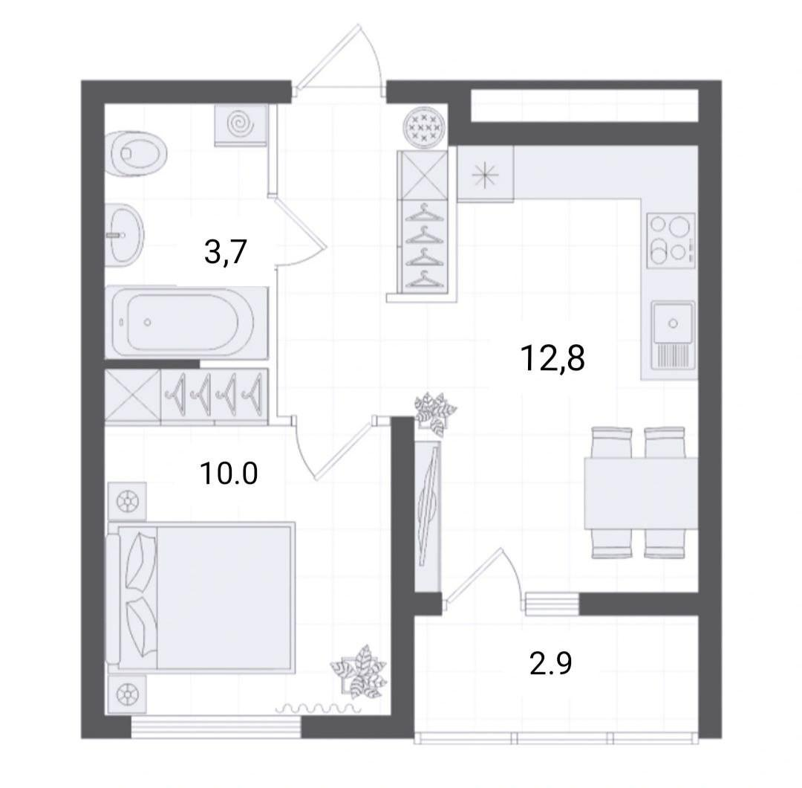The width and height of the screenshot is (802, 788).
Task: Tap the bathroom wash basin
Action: tap(124, 235)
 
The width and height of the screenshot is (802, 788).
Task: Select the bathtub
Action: tap(186, 322)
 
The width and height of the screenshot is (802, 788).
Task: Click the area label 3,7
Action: tap(226, 252)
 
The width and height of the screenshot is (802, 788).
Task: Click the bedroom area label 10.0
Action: tap(229, 473)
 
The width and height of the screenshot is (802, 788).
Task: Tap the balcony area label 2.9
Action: tap(550, 664)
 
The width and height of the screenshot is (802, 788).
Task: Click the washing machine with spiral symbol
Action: tap(241, 125)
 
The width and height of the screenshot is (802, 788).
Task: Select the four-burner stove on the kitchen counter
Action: tap(671, 240)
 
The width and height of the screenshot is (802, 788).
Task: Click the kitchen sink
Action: tap(673, 335)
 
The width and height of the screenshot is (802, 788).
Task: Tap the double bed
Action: tap(200, 598)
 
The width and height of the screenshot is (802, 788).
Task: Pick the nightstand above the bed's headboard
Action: tap(127, 501)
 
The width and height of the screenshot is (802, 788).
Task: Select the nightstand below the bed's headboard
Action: tap(127, 694)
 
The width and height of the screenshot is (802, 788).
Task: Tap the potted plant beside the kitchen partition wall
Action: tap(434, 413)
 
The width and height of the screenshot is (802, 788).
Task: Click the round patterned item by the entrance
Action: tap(424, 126)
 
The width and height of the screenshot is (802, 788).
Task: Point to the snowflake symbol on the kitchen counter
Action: tap(484, 175)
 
